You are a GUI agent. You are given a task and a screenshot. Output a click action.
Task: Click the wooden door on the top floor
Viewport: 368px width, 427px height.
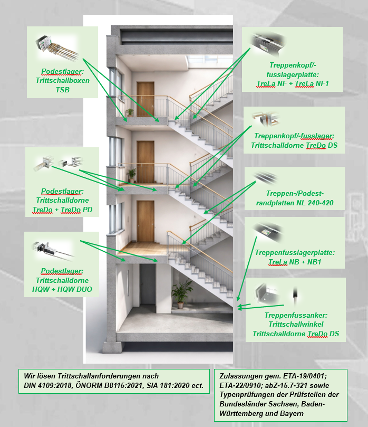coord(144,99)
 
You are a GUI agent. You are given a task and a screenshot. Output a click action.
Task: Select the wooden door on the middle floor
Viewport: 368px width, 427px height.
coord(144,161)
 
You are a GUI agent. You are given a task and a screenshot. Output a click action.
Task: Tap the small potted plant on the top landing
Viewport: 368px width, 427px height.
coord(130,112)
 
